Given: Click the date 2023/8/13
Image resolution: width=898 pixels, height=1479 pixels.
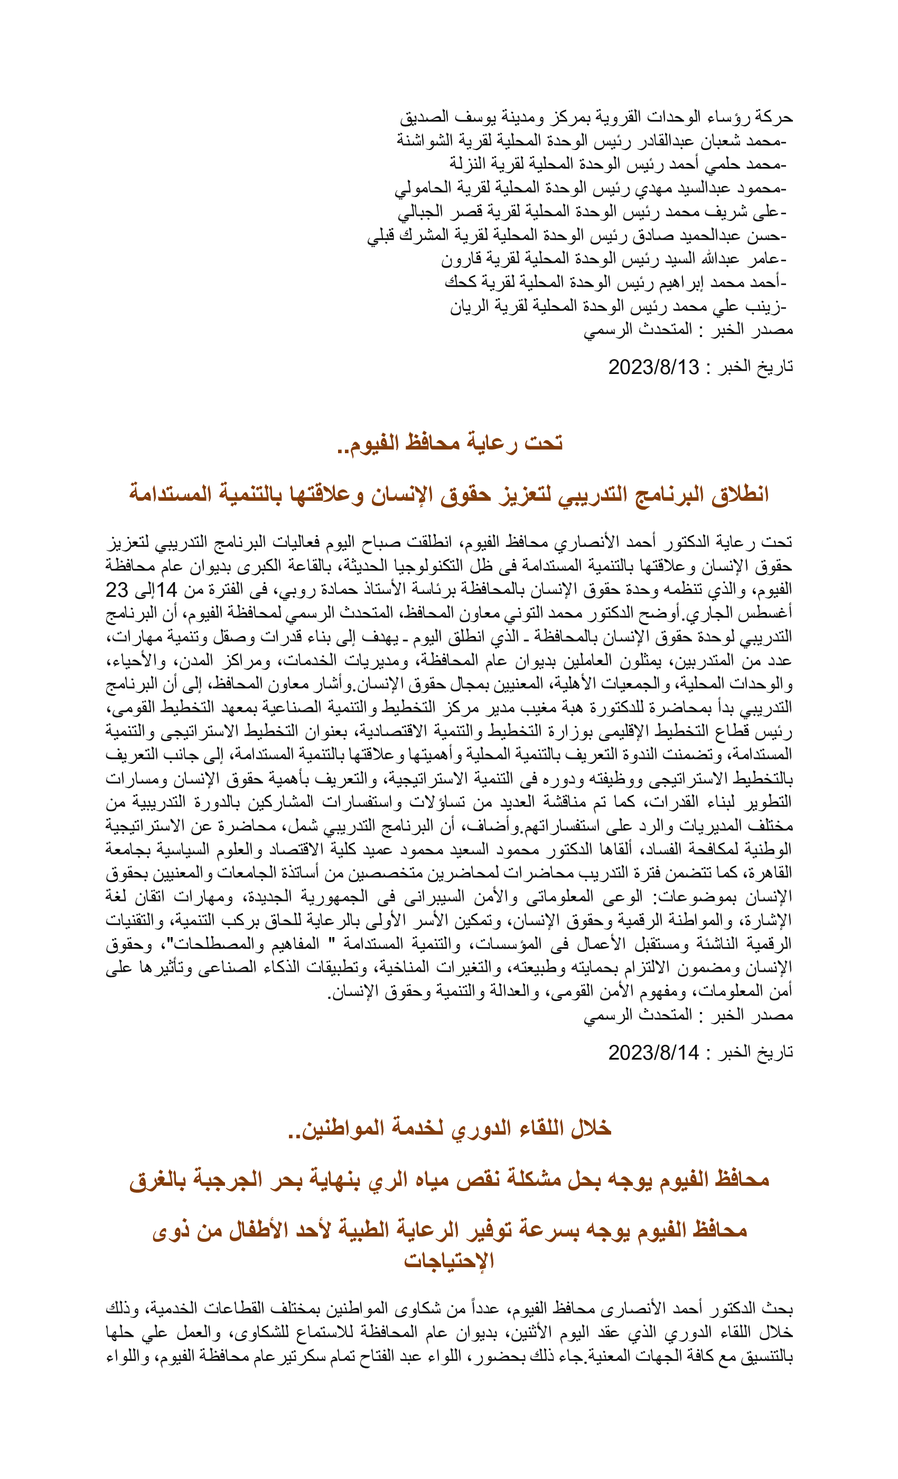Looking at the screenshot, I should pos(653,367).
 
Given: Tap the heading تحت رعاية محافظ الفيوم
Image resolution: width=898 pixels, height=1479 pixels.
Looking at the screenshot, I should pos(450,443).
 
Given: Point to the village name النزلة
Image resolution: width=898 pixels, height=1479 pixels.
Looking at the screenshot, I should pos(469,164).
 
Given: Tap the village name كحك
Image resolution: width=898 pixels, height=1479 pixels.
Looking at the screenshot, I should pos(460,283).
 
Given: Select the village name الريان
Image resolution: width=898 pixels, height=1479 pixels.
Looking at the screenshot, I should pos(466,307).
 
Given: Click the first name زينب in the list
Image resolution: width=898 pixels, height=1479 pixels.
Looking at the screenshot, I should pos(766,307).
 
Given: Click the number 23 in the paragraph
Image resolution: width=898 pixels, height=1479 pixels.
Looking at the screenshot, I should pos(117,590).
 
